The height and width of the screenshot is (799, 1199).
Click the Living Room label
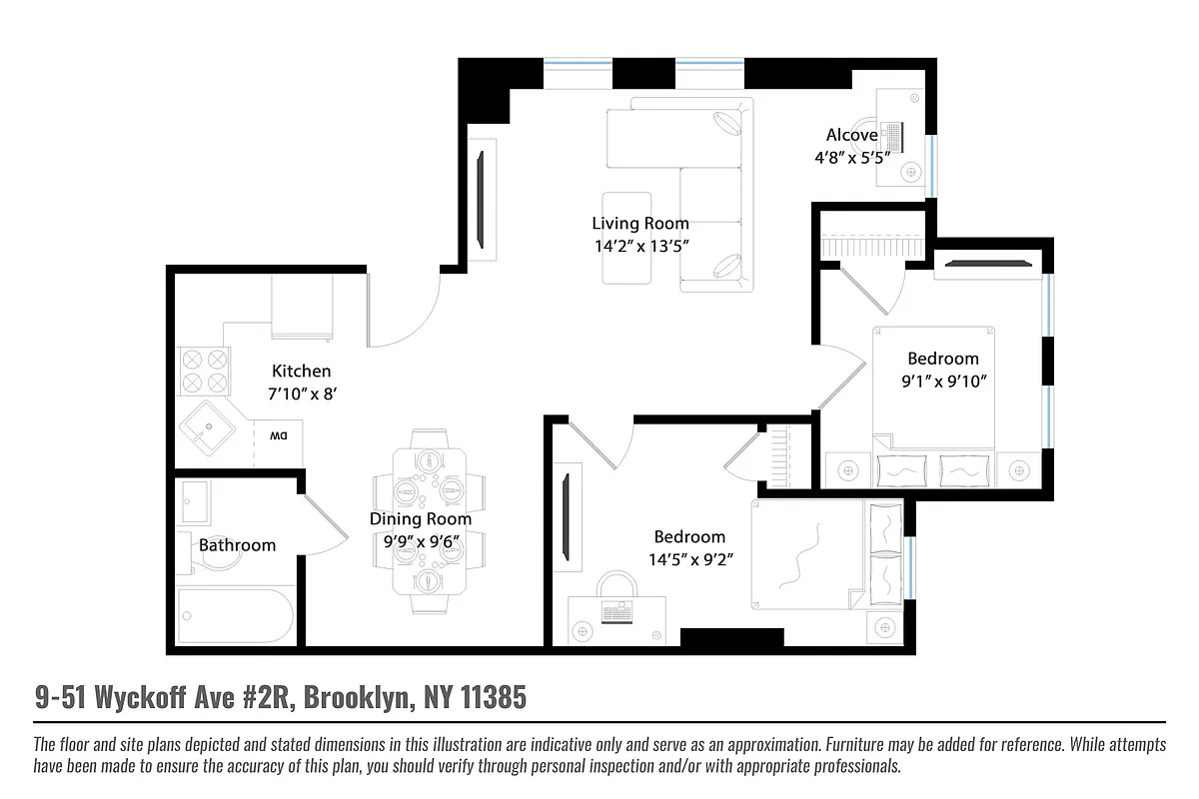(x=639, y=223)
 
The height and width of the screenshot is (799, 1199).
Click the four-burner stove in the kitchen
(x=204, y=371)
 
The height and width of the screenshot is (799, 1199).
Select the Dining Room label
(x=420, y=518)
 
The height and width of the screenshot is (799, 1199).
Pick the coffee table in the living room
(x=626, y=238)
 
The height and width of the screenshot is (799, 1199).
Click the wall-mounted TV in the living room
(x=481, y=200)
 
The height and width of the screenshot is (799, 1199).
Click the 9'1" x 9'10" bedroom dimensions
(x=942, y=381)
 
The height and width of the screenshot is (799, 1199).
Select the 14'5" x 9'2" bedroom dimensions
(x=689, y=559)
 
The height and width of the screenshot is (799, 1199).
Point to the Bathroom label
(x=237, y=544)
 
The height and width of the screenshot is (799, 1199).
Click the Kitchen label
(x=301, y=371)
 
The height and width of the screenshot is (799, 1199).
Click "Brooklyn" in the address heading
(x=356, y=697)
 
